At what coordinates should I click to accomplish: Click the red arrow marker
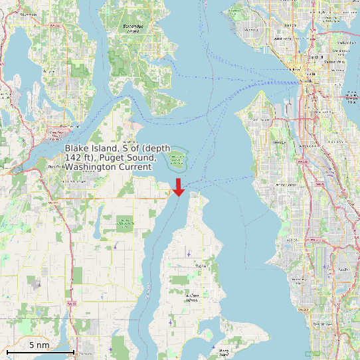(x=179, y=187)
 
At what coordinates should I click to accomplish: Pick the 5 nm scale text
(x=39, y=345)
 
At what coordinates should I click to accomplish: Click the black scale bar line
(x=40, y=351)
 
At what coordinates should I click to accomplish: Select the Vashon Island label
(x=193, y=295)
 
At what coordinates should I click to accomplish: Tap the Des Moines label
(x=327, y=323)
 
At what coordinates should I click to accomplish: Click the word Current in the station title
(x=134, y=167)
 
